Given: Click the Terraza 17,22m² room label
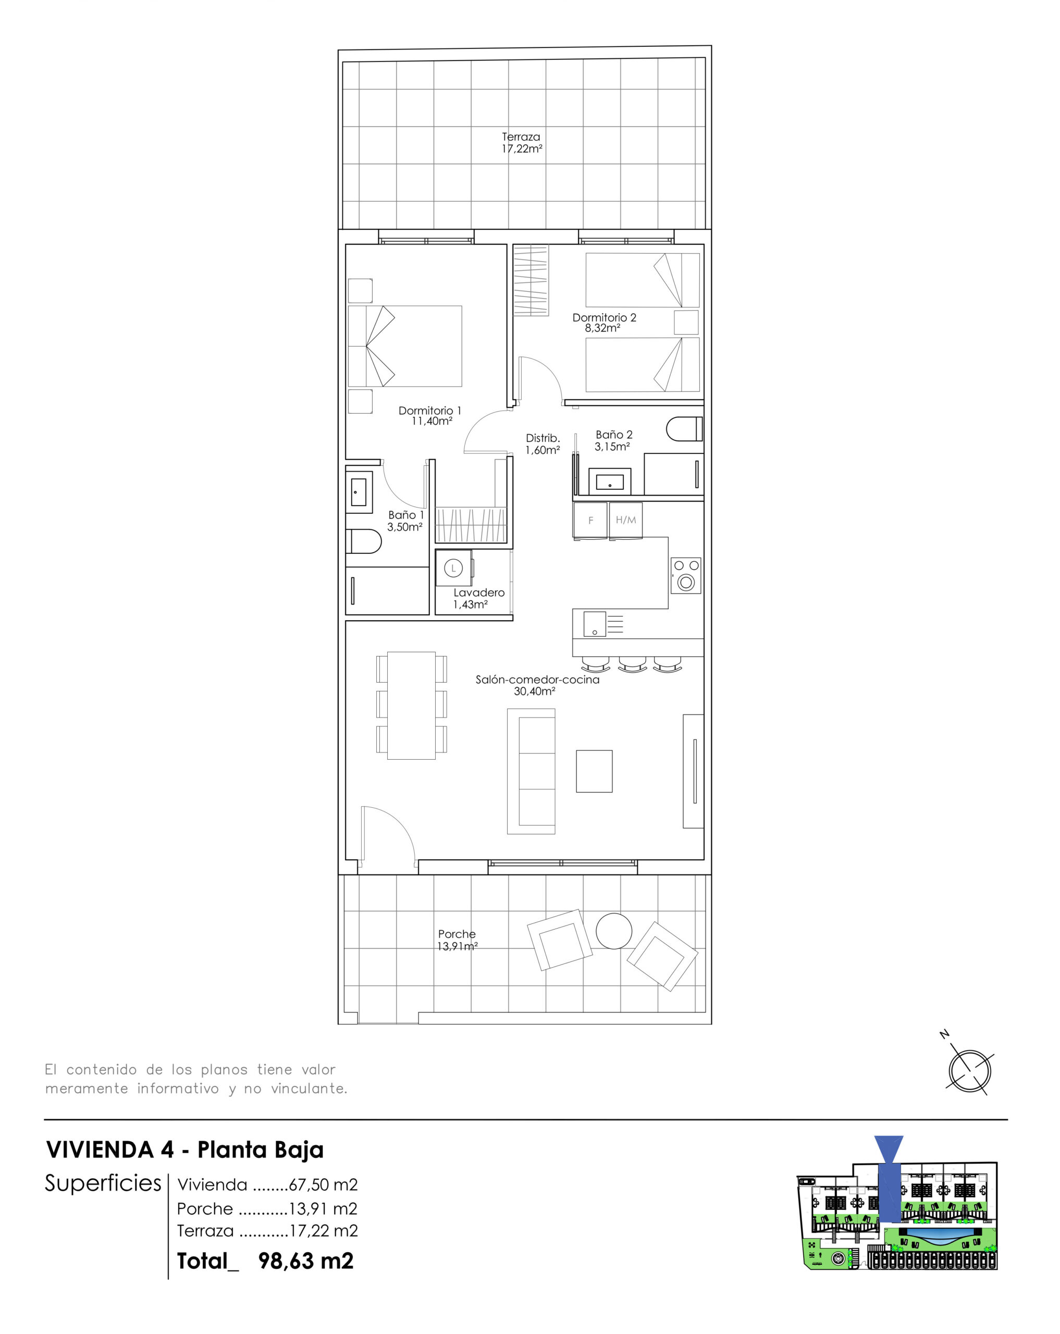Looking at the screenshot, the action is [x=522, y=142].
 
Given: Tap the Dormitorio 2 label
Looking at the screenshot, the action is [x=604, y=317].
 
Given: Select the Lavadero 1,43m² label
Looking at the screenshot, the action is [x=478, y=598].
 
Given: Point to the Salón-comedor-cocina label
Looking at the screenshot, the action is [x=537, y=680].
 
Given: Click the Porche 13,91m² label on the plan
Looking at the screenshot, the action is [x=457, y=940].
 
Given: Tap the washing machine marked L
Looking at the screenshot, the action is [x=453, y=568].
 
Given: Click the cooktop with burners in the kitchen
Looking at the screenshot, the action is [x=686, y=575].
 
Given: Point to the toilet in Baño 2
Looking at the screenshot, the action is [x=684, y=429].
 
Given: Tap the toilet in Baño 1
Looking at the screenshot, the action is [x=363, y=541].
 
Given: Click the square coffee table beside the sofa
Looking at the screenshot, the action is [x=594, y=771].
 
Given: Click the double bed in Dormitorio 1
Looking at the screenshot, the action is [x=405, y=346].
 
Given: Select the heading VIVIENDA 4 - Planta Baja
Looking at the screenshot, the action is [x=185, y=1150].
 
